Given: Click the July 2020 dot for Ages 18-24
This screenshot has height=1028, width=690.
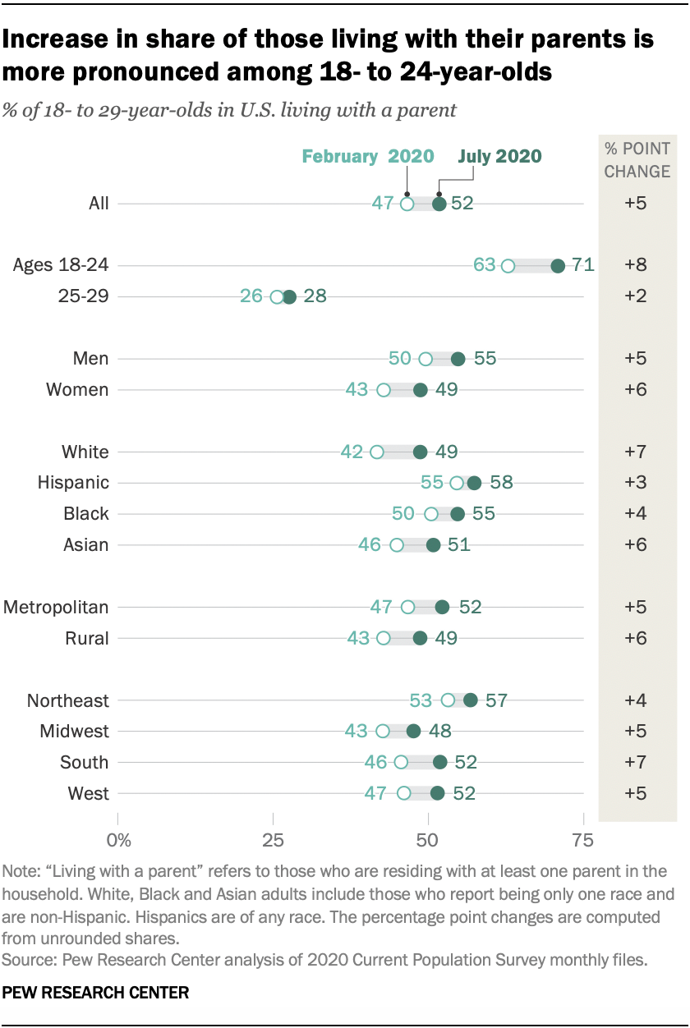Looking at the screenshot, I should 558,265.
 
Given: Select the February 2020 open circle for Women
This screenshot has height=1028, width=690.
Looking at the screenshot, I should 384,390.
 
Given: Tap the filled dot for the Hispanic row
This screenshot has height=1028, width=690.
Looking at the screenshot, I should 474,483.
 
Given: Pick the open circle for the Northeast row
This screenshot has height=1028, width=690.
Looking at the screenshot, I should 448,700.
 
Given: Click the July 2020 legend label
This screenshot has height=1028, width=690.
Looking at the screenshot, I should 500,157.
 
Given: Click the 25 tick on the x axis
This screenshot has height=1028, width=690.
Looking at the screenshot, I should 272,840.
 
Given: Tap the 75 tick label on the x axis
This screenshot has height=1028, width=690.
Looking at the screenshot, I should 583,840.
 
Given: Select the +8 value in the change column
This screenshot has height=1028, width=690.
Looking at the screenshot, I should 636,265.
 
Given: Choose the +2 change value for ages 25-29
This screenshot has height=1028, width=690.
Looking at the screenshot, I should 636,296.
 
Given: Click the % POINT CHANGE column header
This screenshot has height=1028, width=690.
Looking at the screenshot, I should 637,160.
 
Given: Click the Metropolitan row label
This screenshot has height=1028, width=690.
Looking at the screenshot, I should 56,608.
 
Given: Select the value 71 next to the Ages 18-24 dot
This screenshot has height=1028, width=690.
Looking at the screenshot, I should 583,265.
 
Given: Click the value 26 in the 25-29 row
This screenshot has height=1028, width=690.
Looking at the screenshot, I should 252,296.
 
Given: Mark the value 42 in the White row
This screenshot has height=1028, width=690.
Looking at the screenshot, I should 352,452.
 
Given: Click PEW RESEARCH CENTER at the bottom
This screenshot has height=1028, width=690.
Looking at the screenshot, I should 96,993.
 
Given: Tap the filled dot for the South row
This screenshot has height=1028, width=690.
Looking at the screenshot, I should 440,762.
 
